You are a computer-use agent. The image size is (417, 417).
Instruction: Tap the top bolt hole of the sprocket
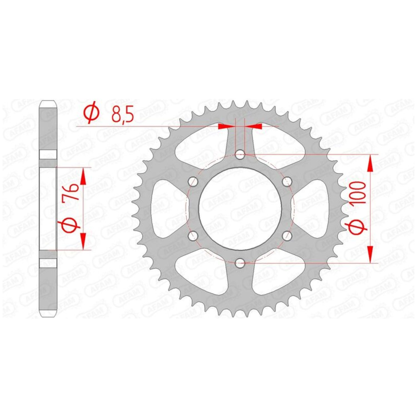[240, 155]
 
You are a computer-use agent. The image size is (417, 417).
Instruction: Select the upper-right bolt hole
[287, 182]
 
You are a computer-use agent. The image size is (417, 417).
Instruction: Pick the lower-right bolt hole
[287, 236]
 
